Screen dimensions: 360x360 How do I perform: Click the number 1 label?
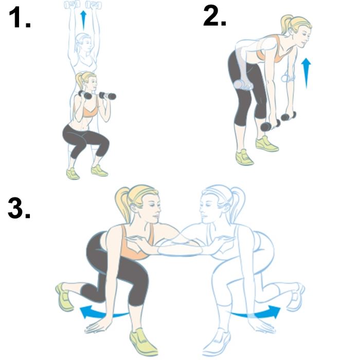(x=20, y=17)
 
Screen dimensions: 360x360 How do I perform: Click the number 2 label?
(x=214, y=15)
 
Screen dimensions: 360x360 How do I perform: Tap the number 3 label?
(x=19, y=208)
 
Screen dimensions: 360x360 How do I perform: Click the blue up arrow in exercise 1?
(x=83, y=20)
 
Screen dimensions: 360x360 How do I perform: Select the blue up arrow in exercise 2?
(x=306, y=73)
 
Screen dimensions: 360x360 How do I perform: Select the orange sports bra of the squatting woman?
(x=90, y=112)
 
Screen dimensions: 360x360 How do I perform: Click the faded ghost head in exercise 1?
(x=83, y=43)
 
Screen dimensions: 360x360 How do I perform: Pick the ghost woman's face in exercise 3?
(x=206, y=210)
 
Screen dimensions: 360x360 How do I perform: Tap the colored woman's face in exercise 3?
(x=153, y=210)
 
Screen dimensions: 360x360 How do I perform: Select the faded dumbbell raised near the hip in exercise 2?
(x=243, y=85)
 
